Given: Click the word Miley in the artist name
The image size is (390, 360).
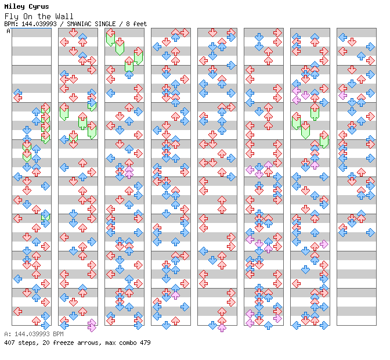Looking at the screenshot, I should (14, 7).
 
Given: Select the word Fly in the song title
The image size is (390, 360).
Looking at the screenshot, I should (11, 16).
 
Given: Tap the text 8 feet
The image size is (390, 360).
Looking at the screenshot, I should (138, 24).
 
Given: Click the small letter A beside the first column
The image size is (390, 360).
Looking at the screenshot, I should (8, 31).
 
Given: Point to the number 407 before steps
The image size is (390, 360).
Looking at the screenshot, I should (10, 343).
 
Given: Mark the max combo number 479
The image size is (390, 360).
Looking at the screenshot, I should (145, 343).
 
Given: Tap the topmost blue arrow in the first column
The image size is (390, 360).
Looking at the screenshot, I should (17, 93).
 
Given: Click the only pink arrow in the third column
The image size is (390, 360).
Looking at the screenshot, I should (129, 173).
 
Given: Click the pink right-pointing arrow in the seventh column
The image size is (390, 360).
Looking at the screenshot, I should (324, 244).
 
